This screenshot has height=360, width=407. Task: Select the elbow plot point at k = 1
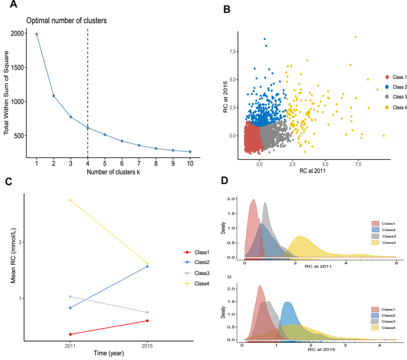[x=36, y=34]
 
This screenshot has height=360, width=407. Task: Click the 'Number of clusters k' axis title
[x=113, y=173]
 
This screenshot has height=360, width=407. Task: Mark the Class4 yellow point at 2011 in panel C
[x=70, y=200]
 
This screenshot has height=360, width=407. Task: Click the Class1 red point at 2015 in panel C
[x=147, y=321]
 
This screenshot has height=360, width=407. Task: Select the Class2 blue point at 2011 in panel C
[x=70, y=308]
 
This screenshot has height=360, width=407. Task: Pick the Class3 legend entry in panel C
[x=182, y=273]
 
